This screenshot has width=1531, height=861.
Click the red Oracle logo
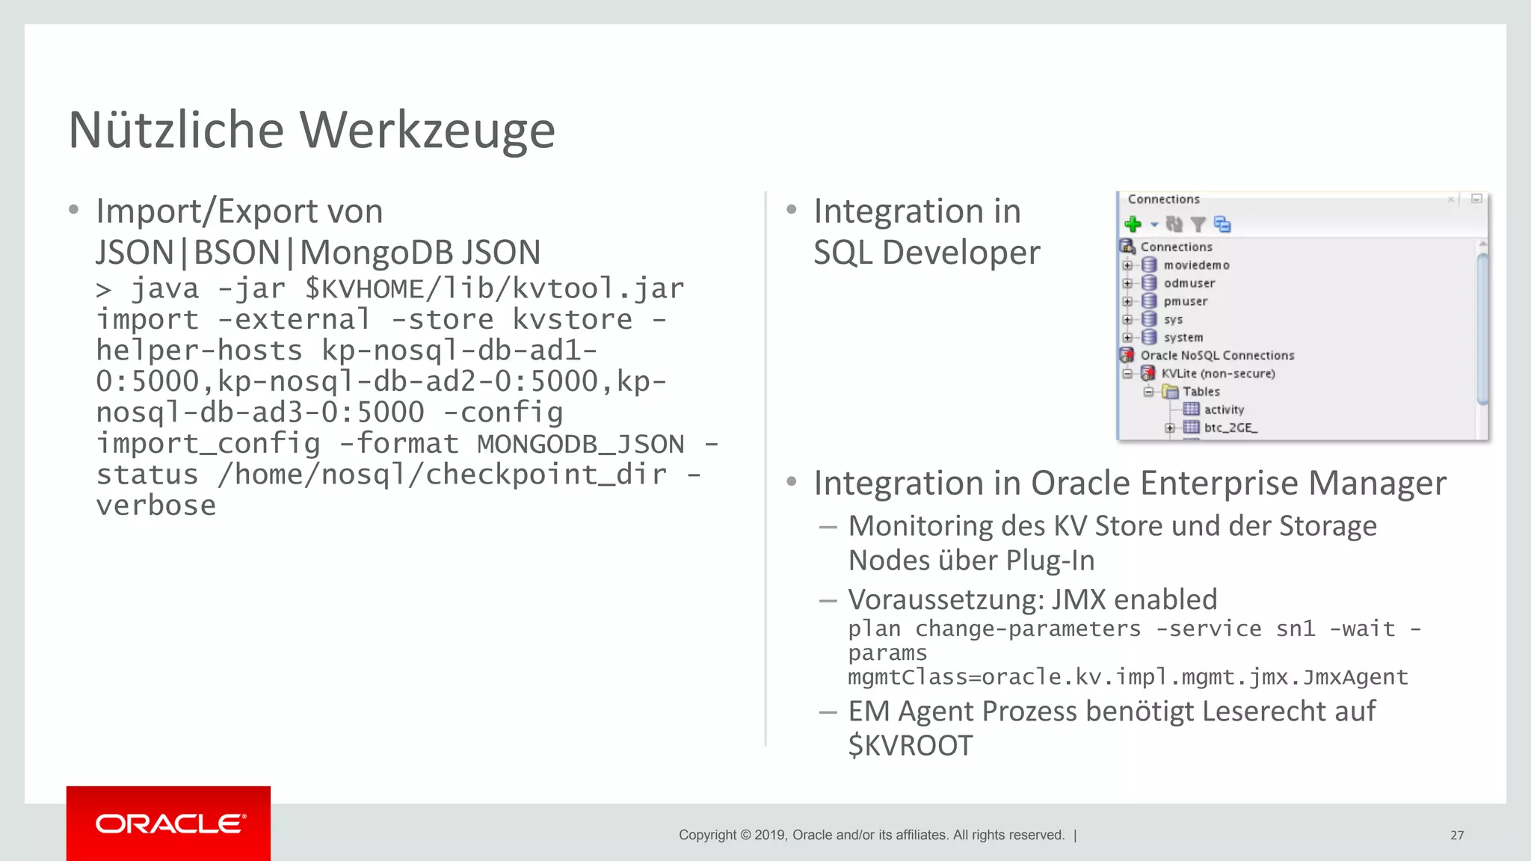(169, 824)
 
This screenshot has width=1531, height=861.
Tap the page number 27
(1457, 835)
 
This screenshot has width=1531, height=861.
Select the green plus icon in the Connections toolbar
(1133, 224)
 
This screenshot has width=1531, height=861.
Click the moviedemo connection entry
(1196, 265)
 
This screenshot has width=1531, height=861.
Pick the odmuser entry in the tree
(1189, 283)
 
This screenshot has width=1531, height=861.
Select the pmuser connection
(1185, 301)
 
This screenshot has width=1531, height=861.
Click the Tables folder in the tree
(1201, 392)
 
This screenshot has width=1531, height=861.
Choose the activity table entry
(1224, 410)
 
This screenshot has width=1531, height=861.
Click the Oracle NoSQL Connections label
(1217, 356)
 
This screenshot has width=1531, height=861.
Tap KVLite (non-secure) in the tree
(1218, 374)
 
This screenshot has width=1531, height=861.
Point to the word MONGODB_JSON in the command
(580, 444)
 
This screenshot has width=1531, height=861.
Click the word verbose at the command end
(156, 506)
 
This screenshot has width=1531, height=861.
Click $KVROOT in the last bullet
(911, 745)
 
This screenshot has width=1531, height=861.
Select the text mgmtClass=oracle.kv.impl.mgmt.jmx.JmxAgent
(1127, 677)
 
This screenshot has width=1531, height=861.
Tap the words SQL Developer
(926, 253)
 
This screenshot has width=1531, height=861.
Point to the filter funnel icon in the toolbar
(1198, 224)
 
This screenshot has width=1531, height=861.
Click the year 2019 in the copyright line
(770, 835)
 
